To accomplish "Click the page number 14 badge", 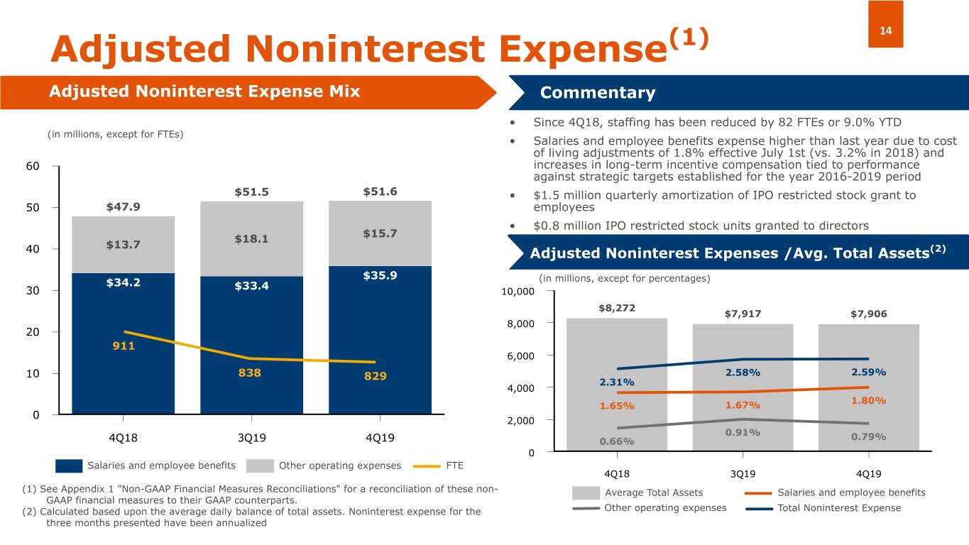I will (x=885, y=31).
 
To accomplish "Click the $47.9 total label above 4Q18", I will (x=123, y=207).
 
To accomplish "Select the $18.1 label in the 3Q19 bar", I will (x=251, y=239).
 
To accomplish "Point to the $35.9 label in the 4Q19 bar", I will (x=380, y=275).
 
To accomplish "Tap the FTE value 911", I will (x=123, y=347).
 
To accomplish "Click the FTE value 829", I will (x=375, y=376).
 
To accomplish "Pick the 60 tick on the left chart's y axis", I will (x=33, y=166).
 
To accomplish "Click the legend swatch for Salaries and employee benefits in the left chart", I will (x=69, y=466).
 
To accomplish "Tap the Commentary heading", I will (x=597, y=94).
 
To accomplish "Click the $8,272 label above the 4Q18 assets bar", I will (x=616, y=309).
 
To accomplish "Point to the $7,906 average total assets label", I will (x=868, y=314).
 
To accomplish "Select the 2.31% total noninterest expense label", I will (x=617, y=382).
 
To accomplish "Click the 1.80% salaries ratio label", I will (x=868, y=400).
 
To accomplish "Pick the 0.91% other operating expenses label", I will (x=743, y=432).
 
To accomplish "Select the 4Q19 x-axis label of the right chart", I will (x=868, y=473).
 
